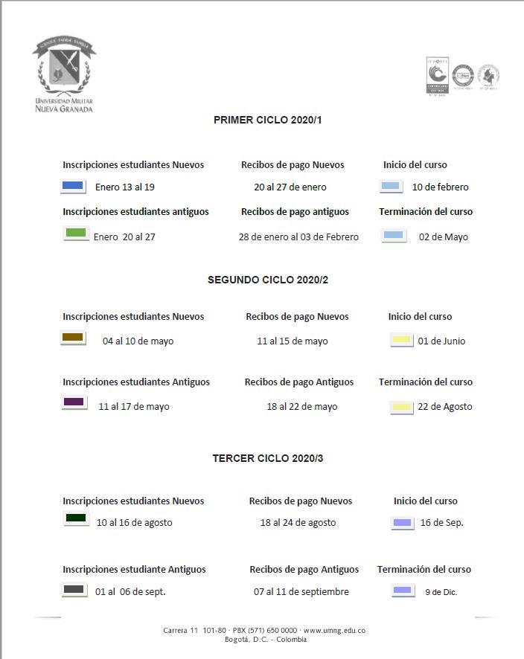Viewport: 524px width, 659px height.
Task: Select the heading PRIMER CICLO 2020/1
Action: click(268, 120)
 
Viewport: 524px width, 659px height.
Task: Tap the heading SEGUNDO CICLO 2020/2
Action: click(268, 280)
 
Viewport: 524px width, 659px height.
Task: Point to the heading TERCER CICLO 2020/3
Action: click(268, 458)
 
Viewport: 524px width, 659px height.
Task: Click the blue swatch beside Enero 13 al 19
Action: click(72, 186)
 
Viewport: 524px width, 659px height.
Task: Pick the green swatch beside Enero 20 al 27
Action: click(77, 234)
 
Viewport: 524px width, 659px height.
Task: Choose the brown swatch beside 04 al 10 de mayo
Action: click(73, 338)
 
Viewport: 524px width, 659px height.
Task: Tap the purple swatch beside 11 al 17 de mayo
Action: click(74, 402)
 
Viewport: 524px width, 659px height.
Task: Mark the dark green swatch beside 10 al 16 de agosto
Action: click(76, 518)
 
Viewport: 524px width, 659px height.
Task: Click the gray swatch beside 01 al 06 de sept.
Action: click(74, 590)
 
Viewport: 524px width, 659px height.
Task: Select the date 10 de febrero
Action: click(441, 187)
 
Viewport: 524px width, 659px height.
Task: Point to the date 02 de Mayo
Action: click(444, 237)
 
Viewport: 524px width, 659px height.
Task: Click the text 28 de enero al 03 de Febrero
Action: click(298, 237)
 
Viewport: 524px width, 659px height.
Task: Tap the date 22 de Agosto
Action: click(445, 407)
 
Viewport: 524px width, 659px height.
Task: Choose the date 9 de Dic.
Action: click(441, 592)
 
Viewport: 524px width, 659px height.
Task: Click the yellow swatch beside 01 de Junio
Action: click(401, 340)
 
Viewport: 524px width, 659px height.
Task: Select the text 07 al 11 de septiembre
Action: click(301, 592)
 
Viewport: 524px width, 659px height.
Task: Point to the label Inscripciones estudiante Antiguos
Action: click(134, 570)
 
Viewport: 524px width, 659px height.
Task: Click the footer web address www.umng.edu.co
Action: click(334, 631)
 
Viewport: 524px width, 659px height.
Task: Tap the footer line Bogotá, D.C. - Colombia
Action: click(265, 639)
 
